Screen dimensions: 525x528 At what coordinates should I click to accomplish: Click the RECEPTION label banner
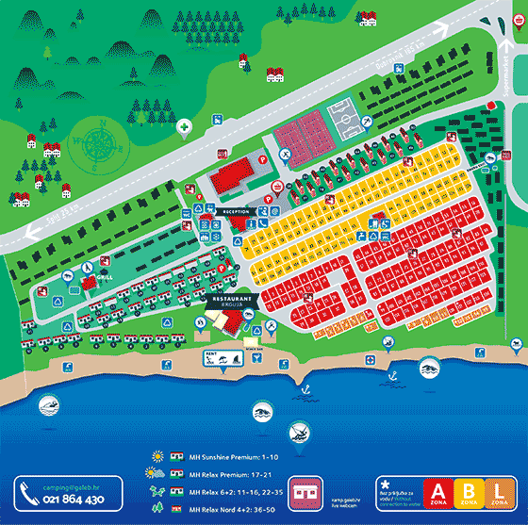(x=236, y=212)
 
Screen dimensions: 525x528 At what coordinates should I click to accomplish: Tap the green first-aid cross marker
(x=186, y=126)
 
